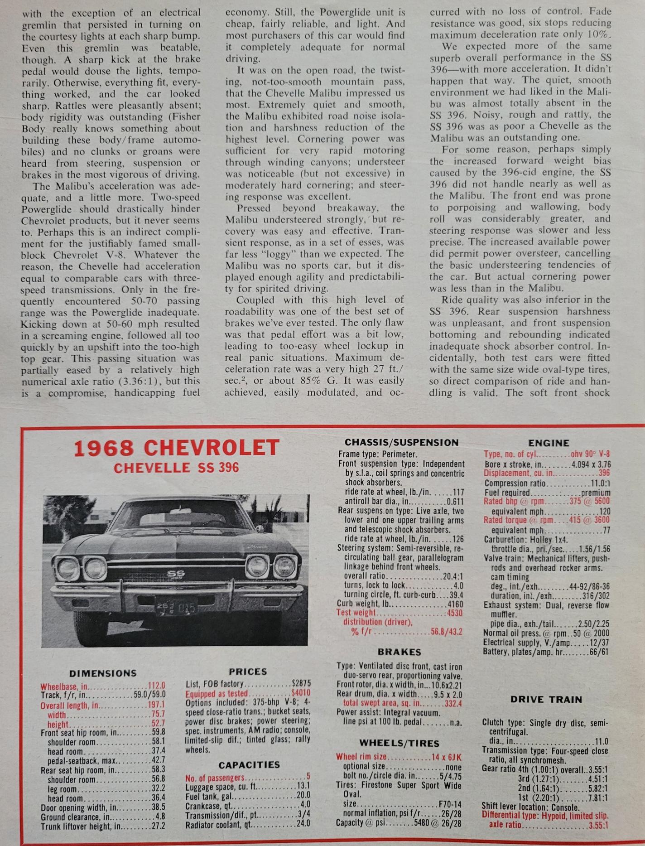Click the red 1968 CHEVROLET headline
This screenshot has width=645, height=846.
click(x=176, y=448)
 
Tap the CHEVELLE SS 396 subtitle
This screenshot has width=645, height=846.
click(x=176, y=468)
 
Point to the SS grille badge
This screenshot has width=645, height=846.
click(x=176, y=575)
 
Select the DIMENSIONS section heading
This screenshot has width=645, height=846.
click(x=103, y=673)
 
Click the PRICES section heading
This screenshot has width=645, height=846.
click(x=248, y=672)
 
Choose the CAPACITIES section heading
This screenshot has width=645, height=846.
click(x=249, y=765)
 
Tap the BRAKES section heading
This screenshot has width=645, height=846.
click(x=399, y=652)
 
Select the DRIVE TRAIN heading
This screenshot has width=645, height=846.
click(x=546, y=699)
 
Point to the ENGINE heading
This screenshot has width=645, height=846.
click(x=548, y=443)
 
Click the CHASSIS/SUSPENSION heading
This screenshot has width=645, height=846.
click(x=401, y=442)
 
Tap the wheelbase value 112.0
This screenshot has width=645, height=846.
click(x=157, y=686)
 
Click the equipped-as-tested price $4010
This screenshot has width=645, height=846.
click(x=301, y=694)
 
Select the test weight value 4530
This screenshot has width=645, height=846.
click(x=454, y=613)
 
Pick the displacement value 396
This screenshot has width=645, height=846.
click(x=604, y=473)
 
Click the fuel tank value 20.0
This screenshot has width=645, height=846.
click(x=303, y=795)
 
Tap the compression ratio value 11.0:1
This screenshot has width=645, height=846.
click(x=600, y=483)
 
